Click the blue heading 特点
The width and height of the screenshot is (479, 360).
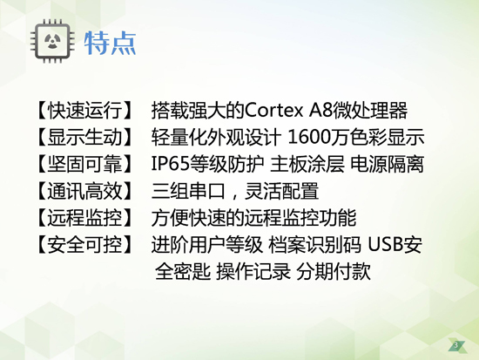click(x=110, y=43)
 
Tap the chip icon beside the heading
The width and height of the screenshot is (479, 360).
click(x=52, y=41)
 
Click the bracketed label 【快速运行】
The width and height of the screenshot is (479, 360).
click(x=84, y=111)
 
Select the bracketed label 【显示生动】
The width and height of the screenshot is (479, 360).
click(x=84, y=138)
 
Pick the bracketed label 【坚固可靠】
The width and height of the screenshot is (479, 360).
click(x=84, y=164)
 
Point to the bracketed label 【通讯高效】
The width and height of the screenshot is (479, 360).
click(x=84, y=191)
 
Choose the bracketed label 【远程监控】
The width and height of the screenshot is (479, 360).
click(x=84, y=218)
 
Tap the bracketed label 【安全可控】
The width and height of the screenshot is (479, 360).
click(x=84, y=245)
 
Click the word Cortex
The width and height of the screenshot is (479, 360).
click(x=273, y=111)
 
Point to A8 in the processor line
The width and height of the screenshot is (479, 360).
click(x=320, y=111)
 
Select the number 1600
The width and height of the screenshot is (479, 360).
click(x=309, y=138)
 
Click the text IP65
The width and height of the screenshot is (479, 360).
click(x=171, y=164)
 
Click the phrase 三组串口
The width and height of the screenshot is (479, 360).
click(x=188, y=191)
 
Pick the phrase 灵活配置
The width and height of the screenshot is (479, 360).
click(x=281, y=191)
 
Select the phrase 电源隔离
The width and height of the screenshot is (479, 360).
click(x=387, y=164)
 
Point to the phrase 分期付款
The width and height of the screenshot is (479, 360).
click(x=334, y=272)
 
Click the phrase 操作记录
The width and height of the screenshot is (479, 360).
click(x=253, y=272)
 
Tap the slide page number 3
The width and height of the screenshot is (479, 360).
click(x=456, y=345)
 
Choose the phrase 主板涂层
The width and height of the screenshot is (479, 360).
click(x=307, y=164)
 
